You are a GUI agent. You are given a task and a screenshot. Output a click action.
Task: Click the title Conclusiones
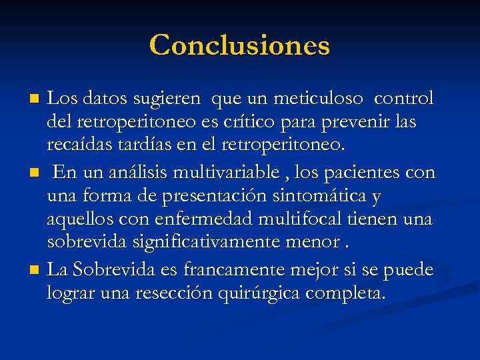tap(239, 45)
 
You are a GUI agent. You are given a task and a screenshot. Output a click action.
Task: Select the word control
tap(404, 99)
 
